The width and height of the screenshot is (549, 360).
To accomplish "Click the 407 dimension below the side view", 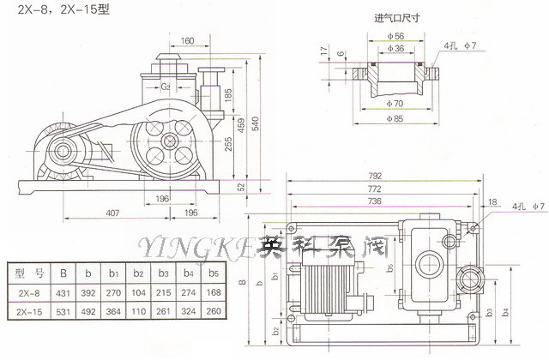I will (x=112, y=212).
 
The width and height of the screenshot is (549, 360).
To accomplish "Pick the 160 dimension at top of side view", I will (x=188, y=39).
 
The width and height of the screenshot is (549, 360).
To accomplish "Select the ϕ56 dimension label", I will (x=396, y=36).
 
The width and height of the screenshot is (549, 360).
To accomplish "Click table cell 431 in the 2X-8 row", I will (x=63, y=292).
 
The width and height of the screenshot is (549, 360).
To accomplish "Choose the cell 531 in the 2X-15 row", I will (x=63, y=312).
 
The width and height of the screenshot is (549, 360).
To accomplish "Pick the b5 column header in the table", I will (x=214, y=274).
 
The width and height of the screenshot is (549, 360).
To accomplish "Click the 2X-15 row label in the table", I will (x=27, y=312).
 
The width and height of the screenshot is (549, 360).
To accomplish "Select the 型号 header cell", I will (x=27, y=274).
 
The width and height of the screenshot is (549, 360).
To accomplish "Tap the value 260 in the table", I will (x=214, y=312).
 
